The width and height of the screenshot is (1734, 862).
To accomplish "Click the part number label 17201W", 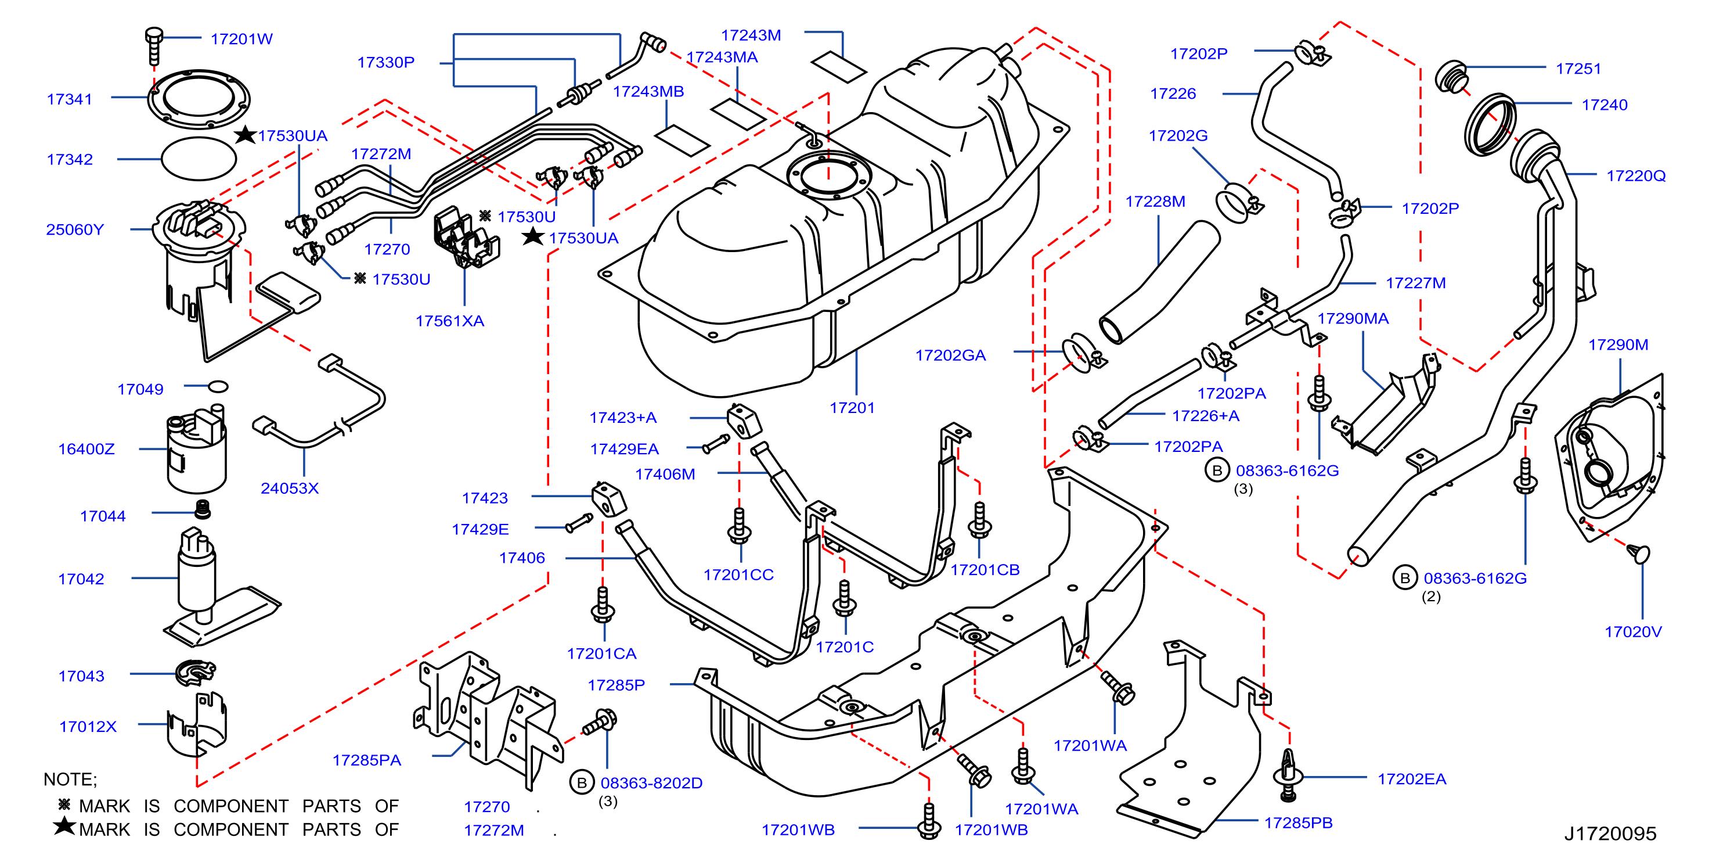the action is pos(241,39).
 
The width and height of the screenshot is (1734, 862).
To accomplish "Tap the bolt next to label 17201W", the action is pos(154,45).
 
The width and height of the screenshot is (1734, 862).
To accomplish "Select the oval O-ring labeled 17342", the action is pos(199,159).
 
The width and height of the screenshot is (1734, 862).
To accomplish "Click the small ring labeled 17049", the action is pos(218,386).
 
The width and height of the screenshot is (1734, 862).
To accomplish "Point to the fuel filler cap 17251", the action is pos(1451,76).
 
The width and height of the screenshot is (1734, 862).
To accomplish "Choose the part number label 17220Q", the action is pos(1636,176).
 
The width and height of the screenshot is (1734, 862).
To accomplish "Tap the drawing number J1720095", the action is pos(1609,834).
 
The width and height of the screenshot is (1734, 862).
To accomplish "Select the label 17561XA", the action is pos(450,321).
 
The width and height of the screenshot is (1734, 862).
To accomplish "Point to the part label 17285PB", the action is pos(1298,823).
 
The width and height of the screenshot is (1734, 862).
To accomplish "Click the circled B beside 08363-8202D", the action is pos(582,782).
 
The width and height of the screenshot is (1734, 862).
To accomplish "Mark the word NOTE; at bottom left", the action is pos(70,779).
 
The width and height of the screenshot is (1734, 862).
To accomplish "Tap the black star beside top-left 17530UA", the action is pos(245,135).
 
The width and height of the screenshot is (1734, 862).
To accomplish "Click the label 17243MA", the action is pos(722,58).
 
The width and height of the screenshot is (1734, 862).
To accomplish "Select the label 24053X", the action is pos(290,489).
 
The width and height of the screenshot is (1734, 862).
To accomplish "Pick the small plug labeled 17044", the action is pos(202,510).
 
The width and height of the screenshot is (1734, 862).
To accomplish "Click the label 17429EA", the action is pos(624,449).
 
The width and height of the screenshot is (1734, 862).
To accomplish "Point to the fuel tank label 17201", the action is pos(852,408).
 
